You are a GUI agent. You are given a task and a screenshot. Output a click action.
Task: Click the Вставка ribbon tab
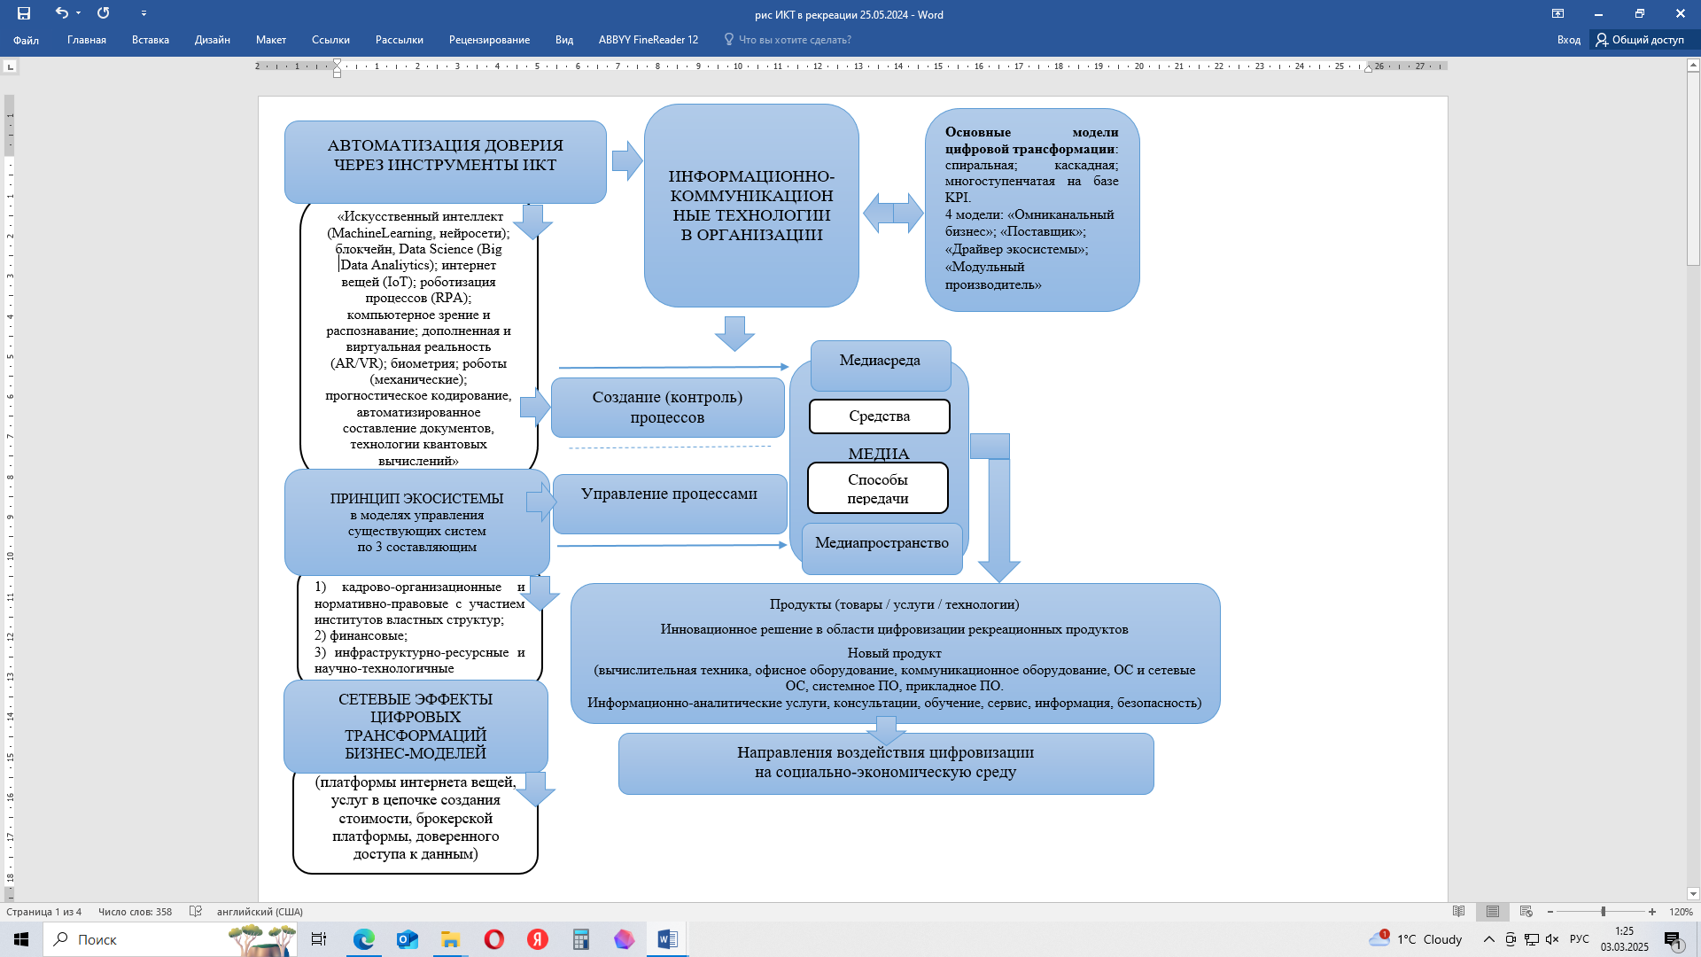pos(151,40)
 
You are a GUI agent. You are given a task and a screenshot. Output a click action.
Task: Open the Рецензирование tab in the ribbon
pos(489,40)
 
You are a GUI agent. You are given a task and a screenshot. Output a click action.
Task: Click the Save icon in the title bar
pos(24,13)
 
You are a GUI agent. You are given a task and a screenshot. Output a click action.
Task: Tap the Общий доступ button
pos(1640,40)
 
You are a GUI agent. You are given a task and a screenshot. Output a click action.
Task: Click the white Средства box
pos(880,416)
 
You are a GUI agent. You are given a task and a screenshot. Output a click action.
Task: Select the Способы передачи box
pos(878,488)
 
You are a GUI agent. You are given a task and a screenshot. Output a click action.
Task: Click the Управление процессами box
pos(670,503)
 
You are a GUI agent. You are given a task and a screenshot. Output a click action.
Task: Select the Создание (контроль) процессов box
pos(668,408)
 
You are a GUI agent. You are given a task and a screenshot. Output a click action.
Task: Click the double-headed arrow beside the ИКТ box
pos(893,214)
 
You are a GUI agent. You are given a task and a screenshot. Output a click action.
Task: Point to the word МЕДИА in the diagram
pos(879,454)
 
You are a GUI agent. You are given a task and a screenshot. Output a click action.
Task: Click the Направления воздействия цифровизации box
pos(886,764)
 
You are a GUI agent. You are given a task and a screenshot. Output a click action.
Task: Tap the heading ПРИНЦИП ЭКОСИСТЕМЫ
pos(416,499)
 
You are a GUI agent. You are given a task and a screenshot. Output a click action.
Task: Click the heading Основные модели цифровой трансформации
pos(1031,140)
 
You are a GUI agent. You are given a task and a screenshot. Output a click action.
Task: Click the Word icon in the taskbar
pos(667,939)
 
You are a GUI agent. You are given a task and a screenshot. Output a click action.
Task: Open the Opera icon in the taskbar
pos(494,939)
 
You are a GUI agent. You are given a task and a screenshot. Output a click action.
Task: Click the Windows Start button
pos(21,939)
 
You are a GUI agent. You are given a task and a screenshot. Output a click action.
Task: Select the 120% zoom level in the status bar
pos(1681,912)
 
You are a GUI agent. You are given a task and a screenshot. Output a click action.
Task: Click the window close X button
pos(1680,13)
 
